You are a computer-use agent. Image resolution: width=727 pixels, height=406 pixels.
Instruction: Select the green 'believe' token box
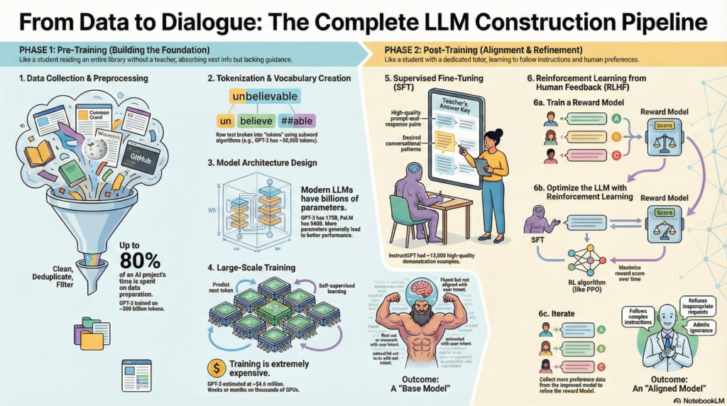256,121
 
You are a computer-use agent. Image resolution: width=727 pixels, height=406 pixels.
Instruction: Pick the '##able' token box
298,121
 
